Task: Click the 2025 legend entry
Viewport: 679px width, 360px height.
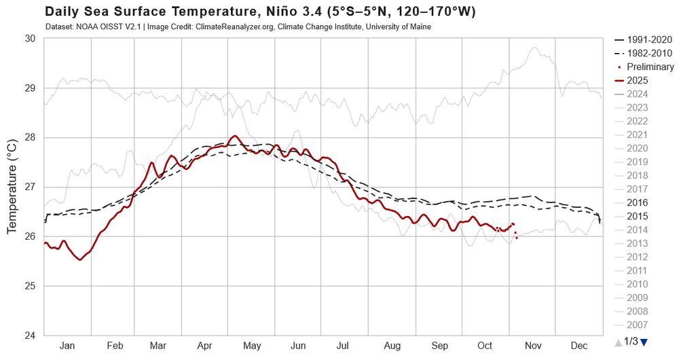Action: pos(637,80)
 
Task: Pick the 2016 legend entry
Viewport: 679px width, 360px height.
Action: pos(637,202)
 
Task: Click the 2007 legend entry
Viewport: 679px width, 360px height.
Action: pos(637,325)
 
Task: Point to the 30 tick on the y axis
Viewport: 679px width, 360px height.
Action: pos(30,39)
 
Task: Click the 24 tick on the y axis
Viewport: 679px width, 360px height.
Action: pos(30,336)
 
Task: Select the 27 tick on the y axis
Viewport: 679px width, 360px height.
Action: pos(30,187)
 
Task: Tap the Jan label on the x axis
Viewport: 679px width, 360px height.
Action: pos(67,346)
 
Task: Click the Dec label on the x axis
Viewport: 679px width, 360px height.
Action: pos(579,346)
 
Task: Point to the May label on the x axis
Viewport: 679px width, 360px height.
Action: pos(252,346)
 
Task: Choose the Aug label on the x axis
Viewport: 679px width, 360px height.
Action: pos(392,346)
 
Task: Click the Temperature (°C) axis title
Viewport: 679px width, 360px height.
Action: pos(13,187)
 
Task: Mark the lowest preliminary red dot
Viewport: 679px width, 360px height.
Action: pos(517,238)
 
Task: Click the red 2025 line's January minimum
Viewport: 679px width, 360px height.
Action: pos(80,259)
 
